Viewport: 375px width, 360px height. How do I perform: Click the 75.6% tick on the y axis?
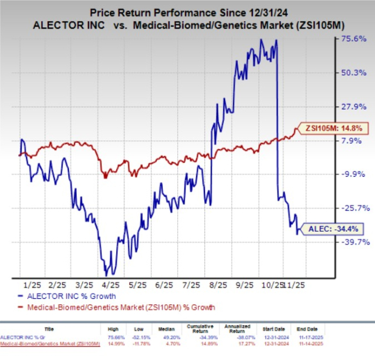tap(353, 39)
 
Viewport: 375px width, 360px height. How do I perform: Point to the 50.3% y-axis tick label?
tap(353, 73)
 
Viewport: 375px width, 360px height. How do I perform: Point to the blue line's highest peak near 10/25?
tap(261, 40)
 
